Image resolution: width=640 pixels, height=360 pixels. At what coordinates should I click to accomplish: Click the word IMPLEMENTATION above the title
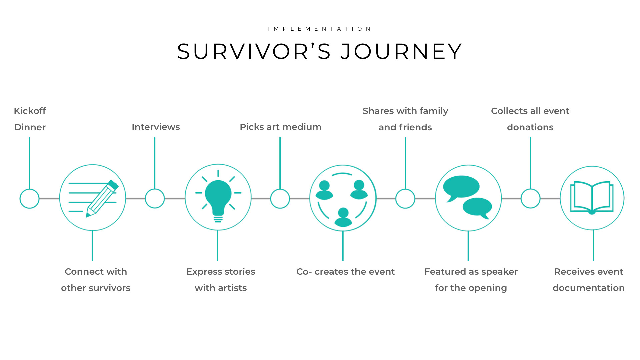tap(320, 29)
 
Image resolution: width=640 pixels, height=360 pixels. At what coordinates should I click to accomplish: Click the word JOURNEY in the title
tap(401, 52)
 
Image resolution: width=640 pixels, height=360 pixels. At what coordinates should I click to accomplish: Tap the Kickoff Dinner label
tap(30, 119)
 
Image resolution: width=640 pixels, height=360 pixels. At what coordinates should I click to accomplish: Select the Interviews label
tap(156, 127)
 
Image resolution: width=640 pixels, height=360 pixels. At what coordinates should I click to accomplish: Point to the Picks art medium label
tap(280, 127)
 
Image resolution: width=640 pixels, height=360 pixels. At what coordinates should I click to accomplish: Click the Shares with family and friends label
tap(405, 119)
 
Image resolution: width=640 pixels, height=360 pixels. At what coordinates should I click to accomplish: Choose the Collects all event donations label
tap(530, 119)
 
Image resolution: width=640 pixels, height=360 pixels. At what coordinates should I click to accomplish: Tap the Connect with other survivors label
tap(96, 280)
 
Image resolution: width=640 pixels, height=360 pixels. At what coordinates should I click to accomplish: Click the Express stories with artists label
tap(221, 280)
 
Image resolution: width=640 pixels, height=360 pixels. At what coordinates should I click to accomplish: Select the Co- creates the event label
tap(345, 272)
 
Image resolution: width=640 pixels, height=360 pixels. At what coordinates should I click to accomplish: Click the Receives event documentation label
tap(589, 280)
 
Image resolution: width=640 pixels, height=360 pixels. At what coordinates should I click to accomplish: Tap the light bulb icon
tap(218, 197)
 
